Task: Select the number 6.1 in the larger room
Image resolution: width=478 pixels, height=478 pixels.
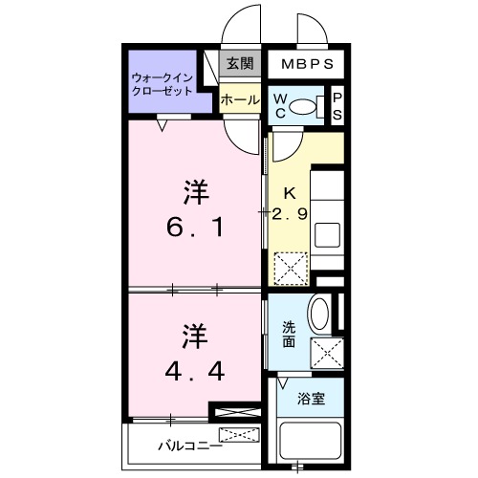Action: coord(195,228)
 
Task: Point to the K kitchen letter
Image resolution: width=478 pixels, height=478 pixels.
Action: coord(289,191)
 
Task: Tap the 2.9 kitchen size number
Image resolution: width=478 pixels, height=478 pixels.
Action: coord(290,215)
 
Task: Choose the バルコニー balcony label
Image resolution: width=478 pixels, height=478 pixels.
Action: coord(189,445)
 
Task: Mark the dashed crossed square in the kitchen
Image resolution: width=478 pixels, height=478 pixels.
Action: coord(290,267)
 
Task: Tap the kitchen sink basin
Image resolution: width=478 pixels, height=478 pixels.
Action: coord(328,235)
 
